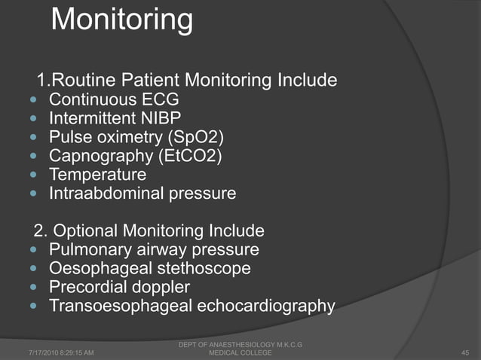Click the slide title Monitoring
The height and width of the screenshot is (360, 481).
click(x=121, y=20)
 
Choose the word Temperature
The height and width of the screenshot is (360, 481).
click(x=97, y=175)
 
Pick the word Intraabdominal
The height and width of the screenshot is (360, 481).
click(x=103, y=194)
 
